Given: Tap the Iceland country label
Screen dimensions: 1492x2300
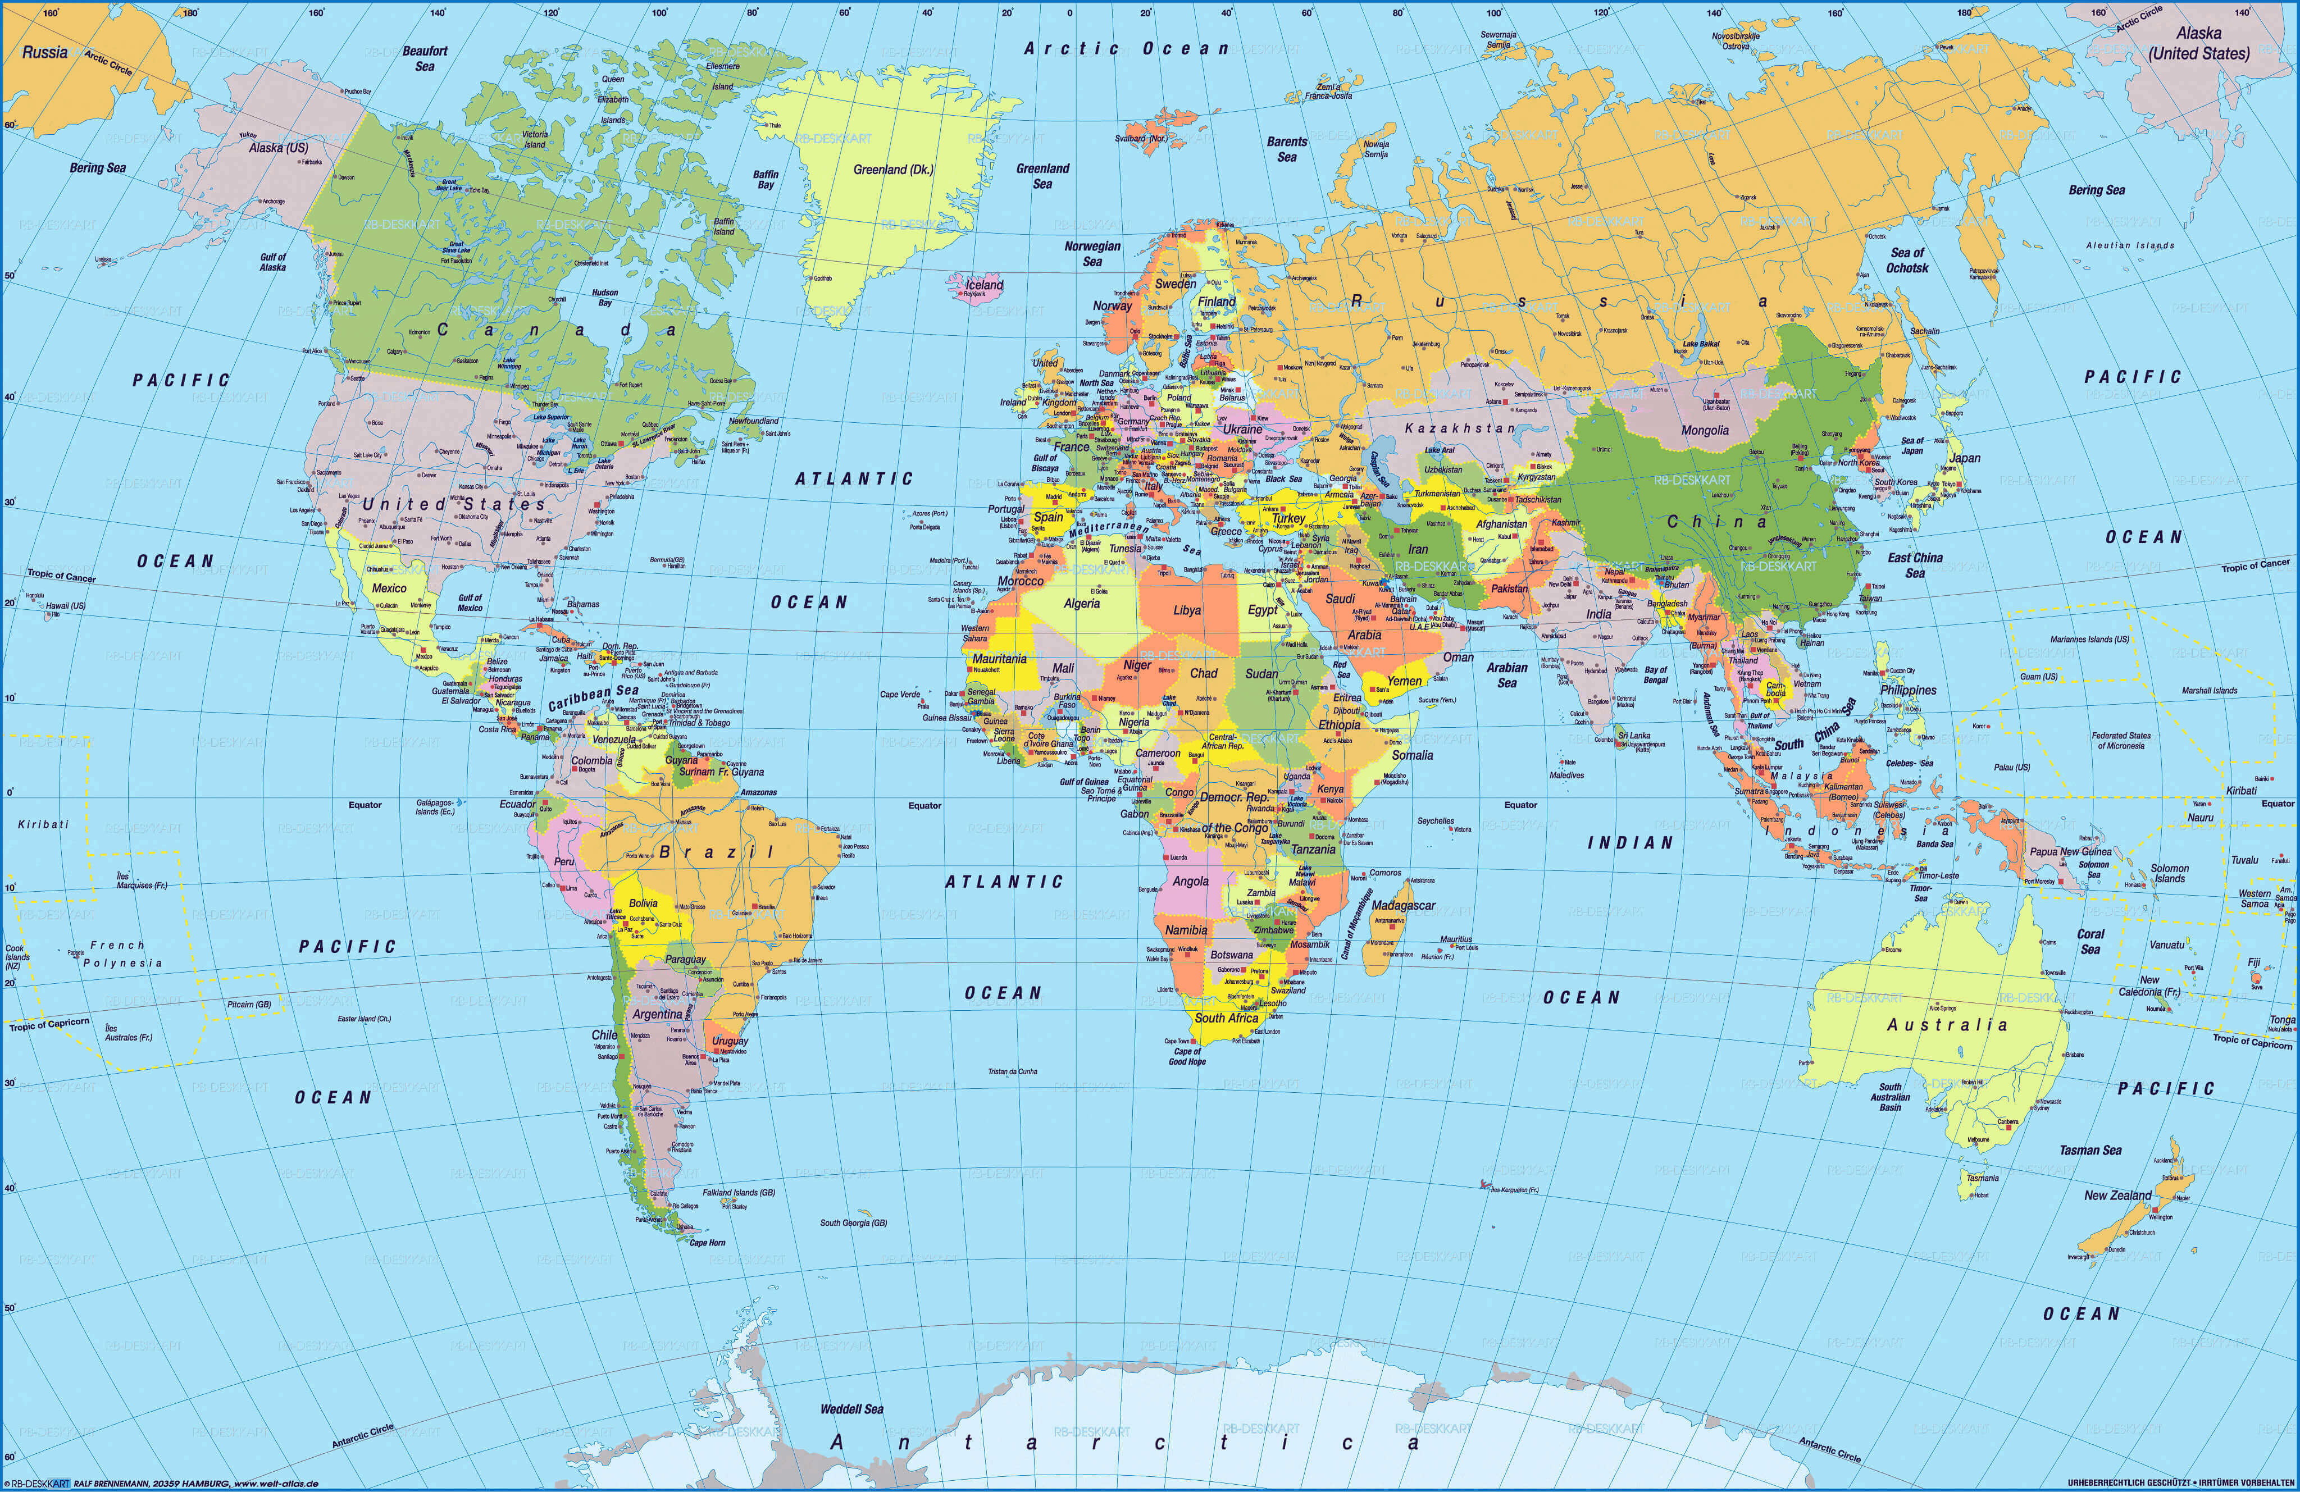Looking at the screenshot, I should (x=985, y=285).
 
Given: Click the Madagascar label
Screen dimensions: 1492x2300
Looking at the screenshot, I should (x=1403, y=905).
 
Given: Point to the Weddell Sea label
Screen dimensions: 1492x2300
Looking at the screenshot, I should (x=851, y=1409).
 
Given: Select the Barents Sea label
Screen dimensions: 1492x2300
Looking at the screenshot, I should (x=1286, y=149).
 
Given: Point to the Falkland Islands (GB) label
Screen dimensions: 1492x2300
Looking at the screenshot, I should (x=739, y=1193).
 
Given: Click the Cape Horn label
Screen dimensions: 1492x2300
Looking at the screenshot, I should (x=707, y=1243).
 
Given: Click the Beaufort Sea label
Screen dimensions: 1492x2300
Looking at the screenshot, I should (x=425, y=58).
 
